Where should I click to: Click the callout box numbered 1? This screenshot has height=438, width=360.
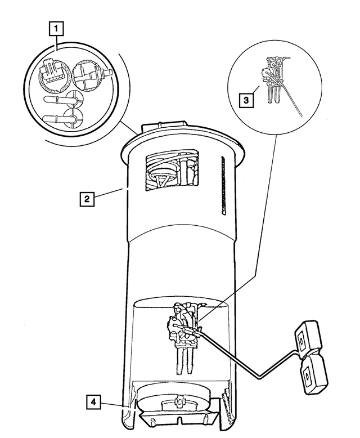tap(57, 27)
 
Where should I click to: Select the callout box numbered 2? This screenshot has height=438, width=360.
tap(86, 199)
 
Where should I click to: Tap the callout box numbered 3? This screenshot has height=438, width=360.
tap(245, 100)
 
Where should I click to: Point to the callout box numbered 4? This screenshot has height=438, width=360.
tap(94, 402)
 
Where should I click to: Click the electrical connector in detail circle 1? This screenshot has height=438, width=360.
tap(52, 73)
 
